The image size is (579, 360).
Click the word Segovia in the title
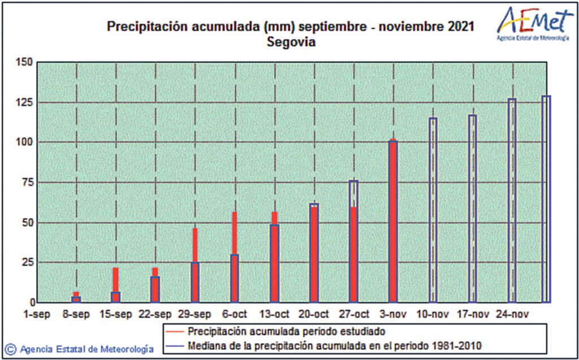(x=291, y=42)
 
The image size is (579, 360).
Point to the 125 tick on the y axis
(x=25, y=102)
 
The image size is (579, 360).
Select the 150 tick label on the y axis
(x=25, y=62)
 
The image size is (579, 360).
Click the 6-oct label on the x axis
(x=234, y=314)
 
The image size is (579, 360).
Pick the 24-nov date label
(x=511, y=314)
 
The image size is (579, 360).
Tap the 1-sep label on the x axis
(x=37, y=314)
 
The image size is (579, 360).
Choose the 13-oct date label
(x=274, y=314)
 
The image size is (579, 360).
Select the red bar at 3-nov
(x=393, y=220)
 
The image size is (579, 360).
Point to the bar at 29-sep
(x=195, y=266)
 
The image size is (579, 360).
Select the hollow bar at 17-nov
(x=472, y=209)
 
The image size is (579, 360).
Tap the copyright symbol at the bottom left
(x=10, y=349)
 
